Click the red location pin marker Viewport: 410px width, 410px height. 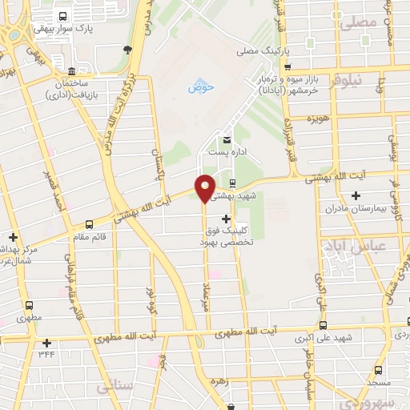pyautogui.click(x=205, y=187)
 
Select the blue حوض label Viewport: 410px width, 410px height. pyautogui.click(x=197, y=87)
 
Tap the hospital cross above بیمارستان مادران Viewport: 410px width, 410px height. pyautogui.click(x=356, y=195)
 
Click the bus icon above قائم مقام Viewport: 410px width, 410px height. pyautogui.click(x=88, y=224)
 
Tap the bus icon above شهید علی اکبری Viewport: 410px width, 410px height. pyautogui.click(x=323, y=325)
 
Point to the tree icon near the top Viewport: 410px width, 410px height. pyautogui.click(x=127, y=50)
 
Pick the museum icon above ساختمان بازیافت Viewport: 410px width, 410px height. pyautogui.click(x=72, y=70)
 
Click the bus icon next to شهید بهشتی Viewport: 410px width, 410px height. pyautogui.click(x=231, y=183)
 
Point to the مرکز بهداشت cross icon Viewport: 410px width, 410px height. pyautogui.click(x=13, y=237)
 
